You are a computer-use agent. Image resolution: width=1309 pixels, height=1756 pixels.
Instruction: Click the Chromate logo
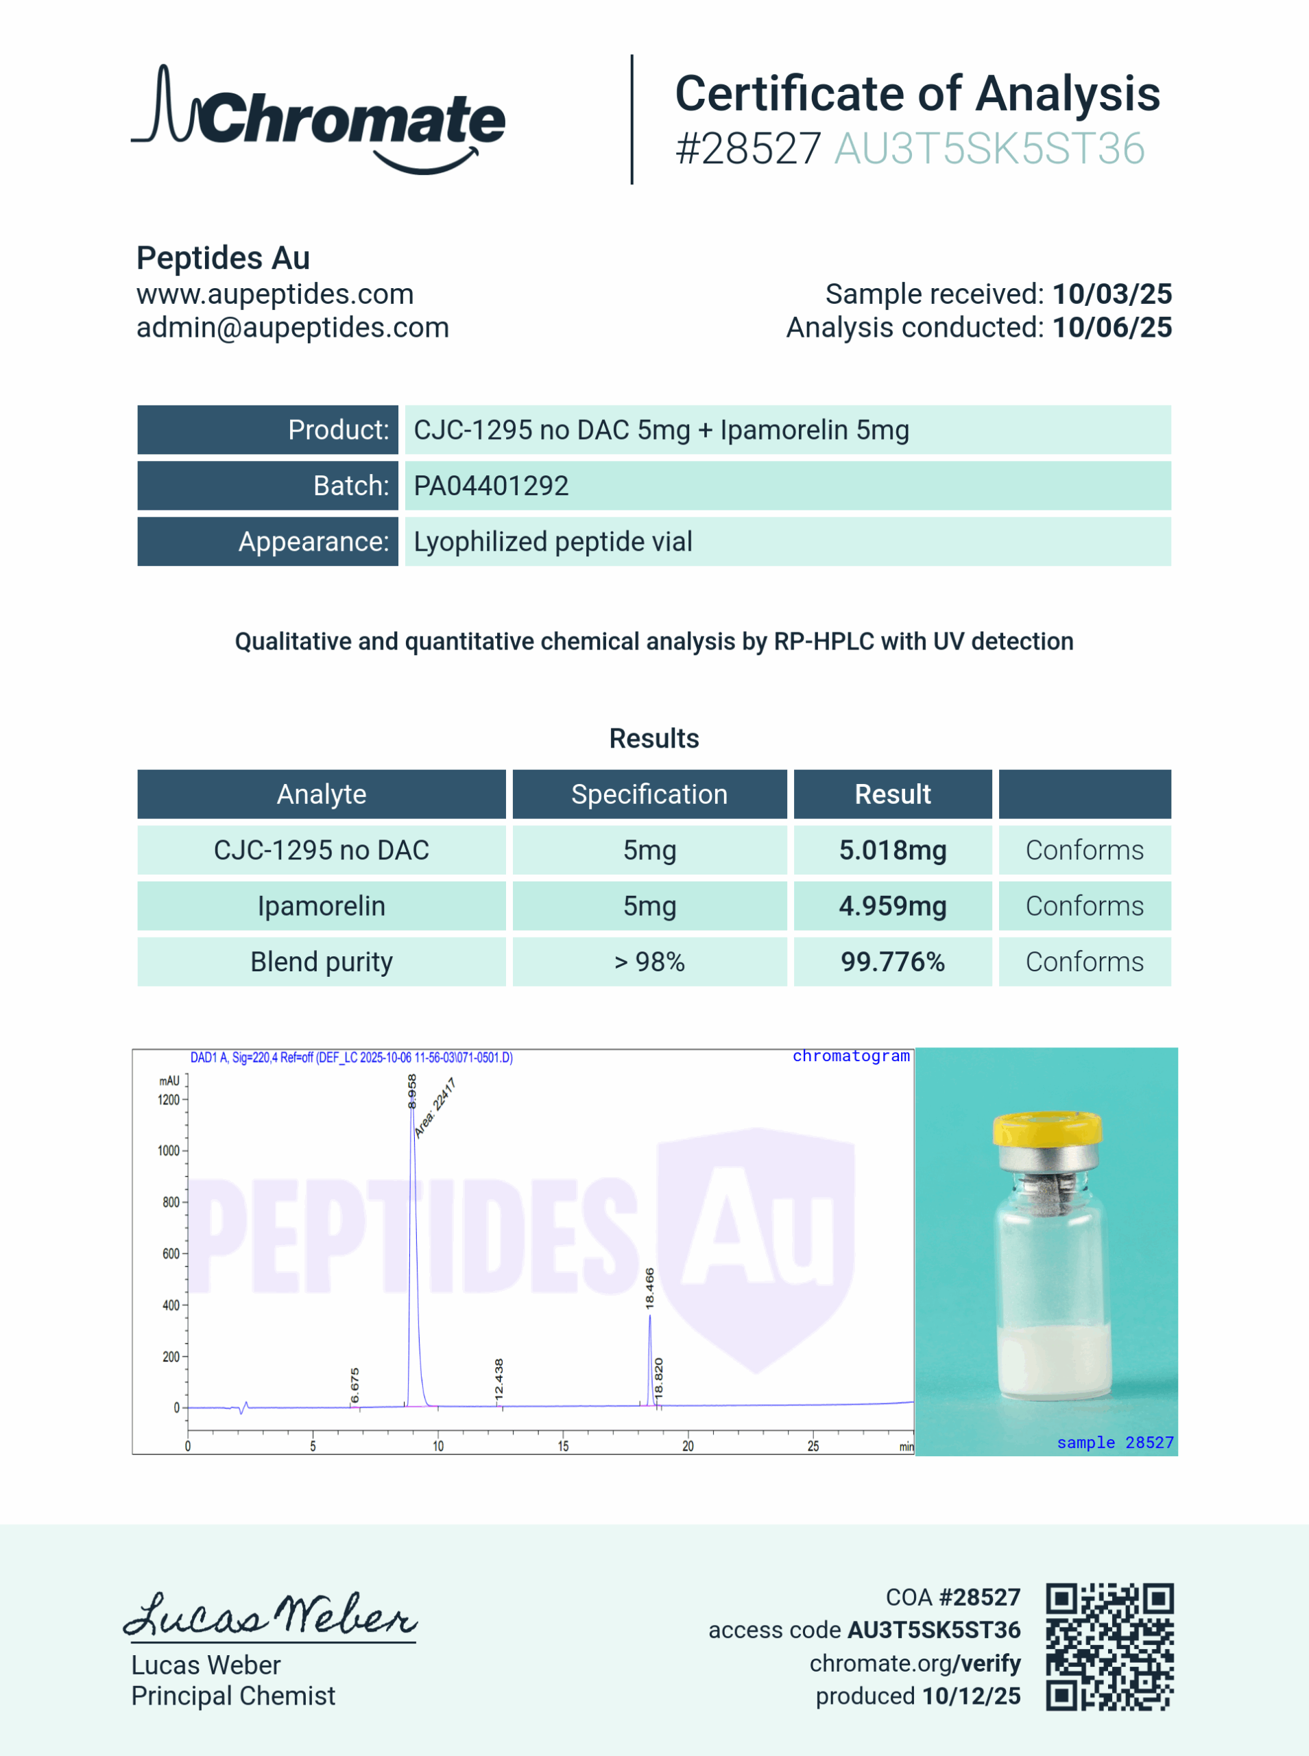[319, 119]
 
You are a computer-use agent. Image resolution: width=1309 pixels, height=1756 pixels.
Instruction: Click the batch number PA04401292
[490, 486]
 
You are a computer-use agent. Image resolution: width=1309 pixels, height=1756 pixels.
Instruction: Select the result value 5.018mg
[892, 851]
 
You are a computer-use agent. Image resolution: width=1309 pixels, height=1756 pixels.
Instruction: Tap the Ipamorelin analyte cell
[321, 905]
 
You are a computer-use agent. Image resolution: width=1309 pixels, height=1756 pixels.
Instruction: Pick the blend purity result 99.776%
[892, 962]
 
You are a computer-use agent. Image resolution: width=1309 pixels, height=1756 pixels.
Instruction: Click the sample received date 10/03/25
[1112, 294]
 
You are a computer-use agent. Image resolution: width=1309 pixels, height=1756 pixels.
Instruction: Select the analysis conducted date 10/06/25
[1112, 327]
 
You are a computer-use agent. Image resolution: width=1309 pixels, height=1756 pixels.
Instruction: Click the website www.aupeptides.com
[275, 294]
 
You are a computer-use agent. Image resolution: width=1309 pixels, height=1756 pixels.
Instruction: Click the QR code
[1109, 1647]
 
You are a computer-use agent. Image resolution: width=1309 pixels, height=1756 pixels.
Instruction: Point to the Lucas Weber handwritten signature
[269, 1617]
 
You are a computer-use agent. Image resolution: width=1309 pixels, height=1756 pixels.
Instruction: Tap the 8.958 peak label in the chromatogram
[412, 1091]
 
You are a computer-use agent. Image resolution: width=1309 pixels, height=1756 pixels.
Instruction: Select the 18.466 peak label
[650, 1288]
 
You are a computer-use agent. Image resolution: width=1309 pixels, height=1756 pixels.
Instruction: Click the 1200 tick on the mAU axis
[169, 1100]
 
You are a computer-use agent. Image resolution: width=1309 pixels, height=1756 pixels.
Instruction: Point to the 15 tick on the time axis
[564, 1446]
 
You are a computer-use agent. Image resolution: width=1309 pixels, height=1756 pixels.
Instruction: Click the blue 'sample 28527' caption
[1115, 1443]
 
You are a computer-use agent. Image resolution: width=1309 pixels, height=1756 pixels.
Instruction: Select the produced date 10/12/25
[972, 1696]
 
